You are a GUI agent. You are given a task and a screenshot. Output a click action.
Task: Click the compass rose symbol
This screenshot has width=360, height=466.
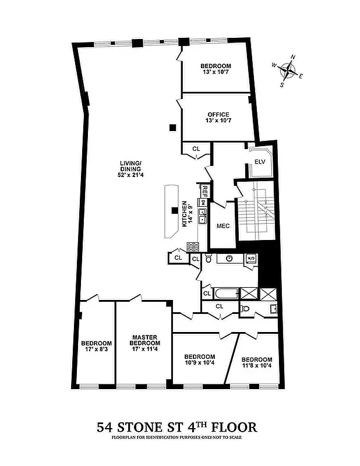pos(287,70)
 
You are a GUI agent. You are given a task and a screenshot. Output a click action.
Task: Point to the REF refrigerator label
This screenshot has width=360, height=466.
pos(205,190)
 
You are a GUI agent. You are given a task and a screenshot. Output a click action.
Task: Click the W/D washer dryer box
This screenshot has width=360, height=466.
pos(251,257)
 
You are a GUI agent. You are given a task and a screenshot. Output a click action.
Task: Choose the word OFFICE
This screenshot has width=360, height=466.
pos(217,114)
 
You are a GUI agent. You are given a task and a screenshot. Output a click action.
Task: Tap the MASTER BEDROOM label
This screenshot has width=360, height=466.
pos(145,340)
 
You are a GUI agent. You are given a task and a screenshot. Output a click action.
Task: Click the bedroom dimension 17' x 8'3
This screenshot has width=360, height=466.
pos(96,351)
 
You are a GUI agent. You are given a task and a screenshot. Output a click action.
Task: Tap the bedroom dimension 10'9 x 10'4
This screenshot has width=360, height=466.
pos(199,363)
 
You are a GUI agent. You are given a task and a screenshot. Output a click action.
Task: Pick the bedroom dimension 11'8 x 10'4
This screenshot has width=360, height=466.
pos(256,366)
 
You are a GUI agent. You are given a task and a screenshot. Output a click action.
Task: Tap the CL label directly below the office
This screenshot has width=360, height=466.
pos(196,149)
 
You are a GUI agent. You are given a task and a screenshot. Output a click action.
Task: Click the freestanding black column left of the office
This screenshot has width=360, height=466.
pos(172,128)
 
